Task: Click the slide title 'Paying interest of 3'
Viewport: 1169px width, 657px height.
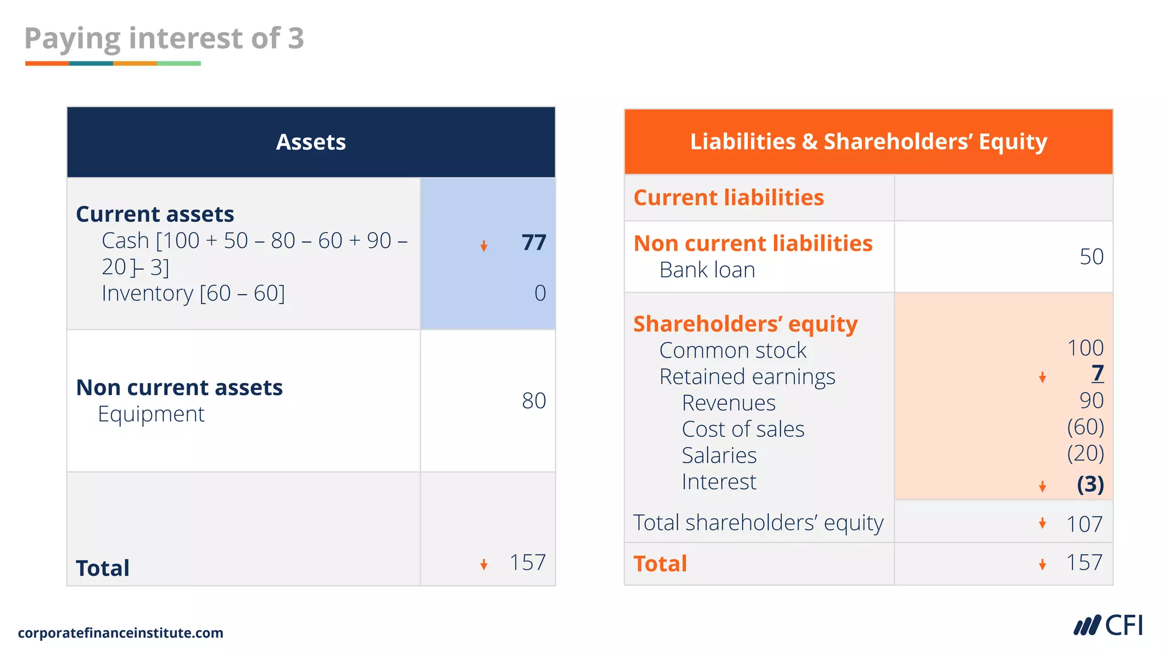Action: pos(164,39)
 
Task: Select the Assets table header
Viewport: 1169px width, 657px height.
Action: pos(311,142)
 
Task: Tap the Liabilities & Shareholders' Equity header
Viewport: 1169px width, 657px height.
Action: pos(868,141)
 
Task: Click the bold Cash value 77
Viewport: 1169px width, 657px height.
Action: pos(534,243)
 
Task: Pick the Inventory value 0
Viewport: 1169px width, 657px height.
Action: pos(540,293)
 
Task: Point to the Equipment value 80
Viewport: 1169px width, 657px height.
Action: pos(534,401)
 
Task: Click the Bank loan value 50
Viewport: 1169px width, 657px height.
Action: pos(1091,257)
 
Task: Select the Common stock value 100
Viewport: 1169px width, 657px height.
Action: pos(1085,348)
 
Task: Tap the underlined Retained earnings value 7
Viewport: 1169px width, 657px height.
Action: pos(1098,374)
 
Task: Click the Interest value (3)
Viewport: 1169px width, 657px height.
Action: pos(1090,484)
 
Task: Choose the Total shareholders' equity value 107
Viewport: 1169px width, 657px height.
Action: pos(1085,524)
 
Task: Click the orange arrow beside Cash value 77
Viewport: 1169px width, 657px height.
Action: pos(483,246)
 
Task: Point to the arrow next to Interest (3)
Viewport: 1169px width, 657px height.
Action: pos(1042,486)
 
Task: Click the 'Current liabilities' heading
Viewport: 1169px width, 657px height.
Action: pos(728,198)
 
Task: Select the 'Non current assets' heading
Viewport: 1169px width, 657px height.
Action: pos(179,388)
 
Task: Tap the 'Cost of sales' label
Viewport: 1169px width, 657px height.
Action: pos(743,429)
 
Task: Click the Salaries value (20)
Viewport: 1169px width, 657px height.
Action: pos(1085,453)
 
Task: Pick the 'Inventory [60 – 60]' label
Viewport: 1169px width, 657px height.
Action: pos(193,294)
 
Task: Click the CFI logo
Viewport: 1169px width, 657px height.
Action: pos(1108,626)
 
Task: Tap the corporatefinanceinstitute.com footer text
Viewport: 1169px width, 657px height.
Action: pos(120,633)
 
